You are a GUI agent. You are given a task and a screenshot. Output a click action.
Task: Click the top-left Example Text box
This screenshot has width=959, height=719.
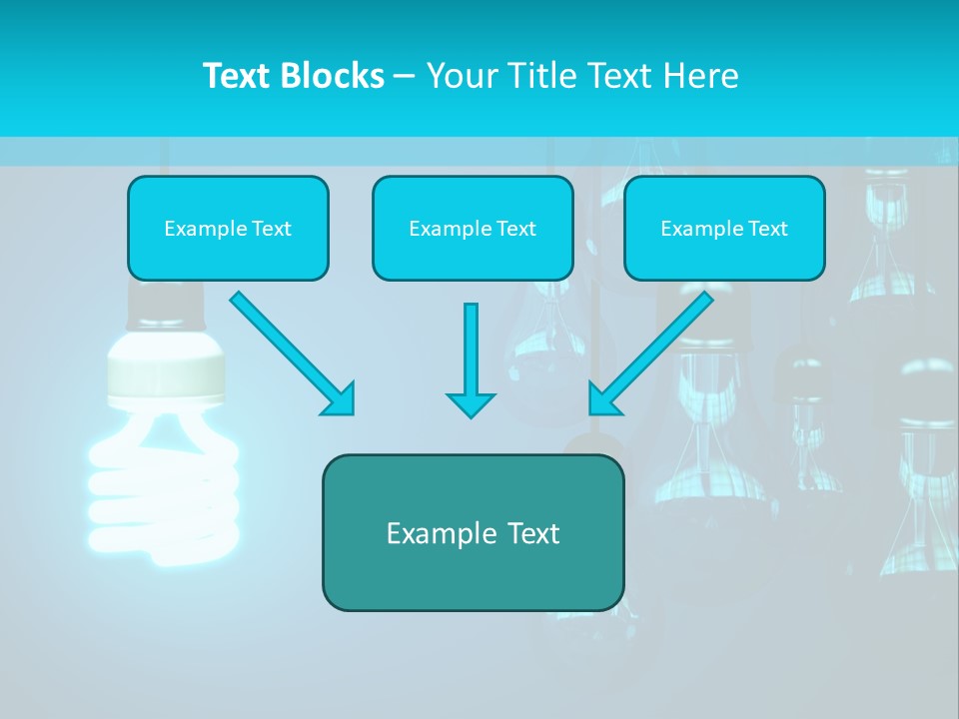[x=228, y=228]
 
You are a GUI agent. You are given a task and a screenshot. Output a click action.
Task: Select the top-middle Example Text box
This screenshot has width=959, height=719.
[x=473, y=228]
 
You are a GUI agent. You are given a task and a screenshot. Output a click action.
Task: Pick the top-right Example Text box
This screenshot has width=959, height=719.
[x=724, y=228]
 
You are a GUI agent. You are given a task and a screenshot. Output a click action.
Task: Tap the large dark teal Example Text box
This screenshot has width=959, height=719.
[x=473, y=532]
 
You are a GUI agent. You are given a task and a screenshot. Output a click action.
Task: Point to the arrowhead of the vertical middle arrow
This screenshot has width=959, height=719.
[x=471, y=403]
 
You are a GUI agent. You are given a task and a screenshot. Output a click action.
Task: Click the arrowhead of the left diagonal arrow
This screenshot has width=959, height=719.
[x=340, y=400]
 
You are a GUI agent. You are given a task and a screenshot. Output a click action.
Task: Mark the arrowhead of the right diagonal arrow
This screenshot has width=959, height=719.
[x=603, y=398]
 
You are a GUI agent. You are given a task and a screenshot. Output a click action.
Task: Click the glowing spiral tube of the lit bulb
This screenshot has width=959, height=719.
[x=165, y=489]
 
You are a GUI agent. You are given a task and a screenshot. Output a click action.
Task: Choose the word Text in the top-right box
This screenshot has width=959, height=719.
[x=767, y=229]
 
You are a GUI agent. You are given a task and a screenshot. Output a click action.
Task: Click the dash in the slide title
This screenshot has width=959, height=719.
[x=405, y=76]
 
